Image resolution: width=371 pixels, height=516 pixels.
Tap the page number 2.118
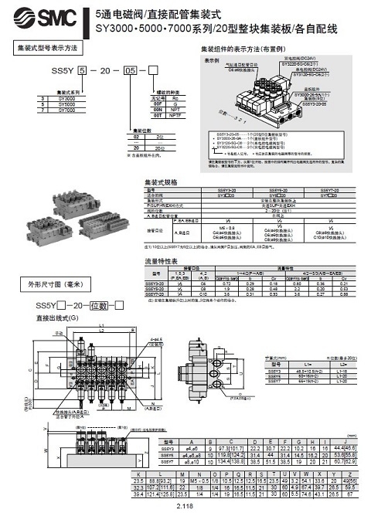[185, 506]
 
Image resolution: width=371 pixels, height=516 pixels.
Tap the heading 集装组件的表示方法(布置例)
[244, 49]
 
